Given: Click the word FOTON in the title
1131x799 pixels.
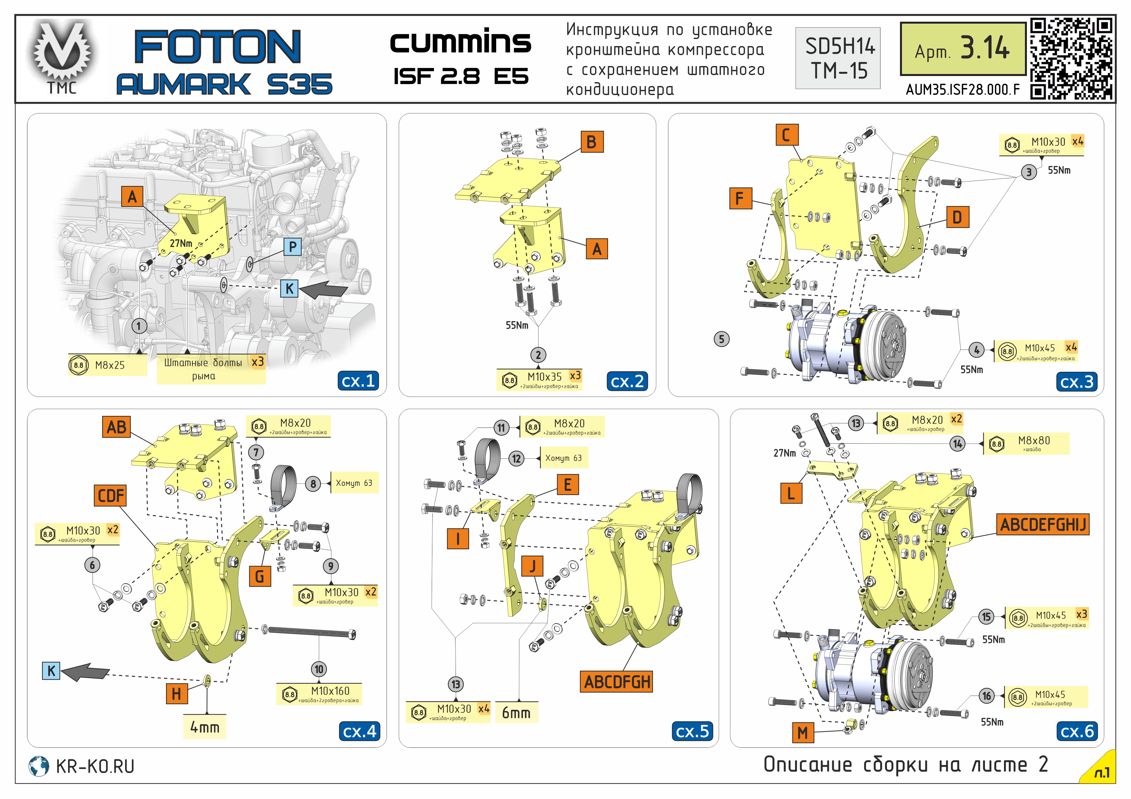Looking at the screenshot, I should pos(217,46).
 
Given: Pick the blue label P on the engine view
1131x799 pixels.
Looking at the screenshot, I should pos(293,247).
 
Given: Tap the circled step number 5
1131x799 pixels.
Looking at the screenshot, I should pos(721,339).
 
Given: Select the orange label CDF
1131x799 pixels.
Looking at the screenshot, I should pos(110,495).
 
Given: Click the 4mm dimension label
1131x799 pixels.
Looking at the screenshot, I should pos(205,727).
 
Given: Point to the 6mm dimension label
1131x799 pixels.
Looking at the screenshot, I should pos(516,712).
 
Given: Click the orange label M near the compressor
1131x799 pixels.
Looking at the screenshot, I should pos(802,733).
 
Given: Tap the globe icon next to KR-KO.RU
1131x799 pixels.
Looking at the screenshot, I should pos(39,766).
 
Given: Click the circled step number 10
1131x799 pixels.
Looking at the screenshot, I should pos(319,669).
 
